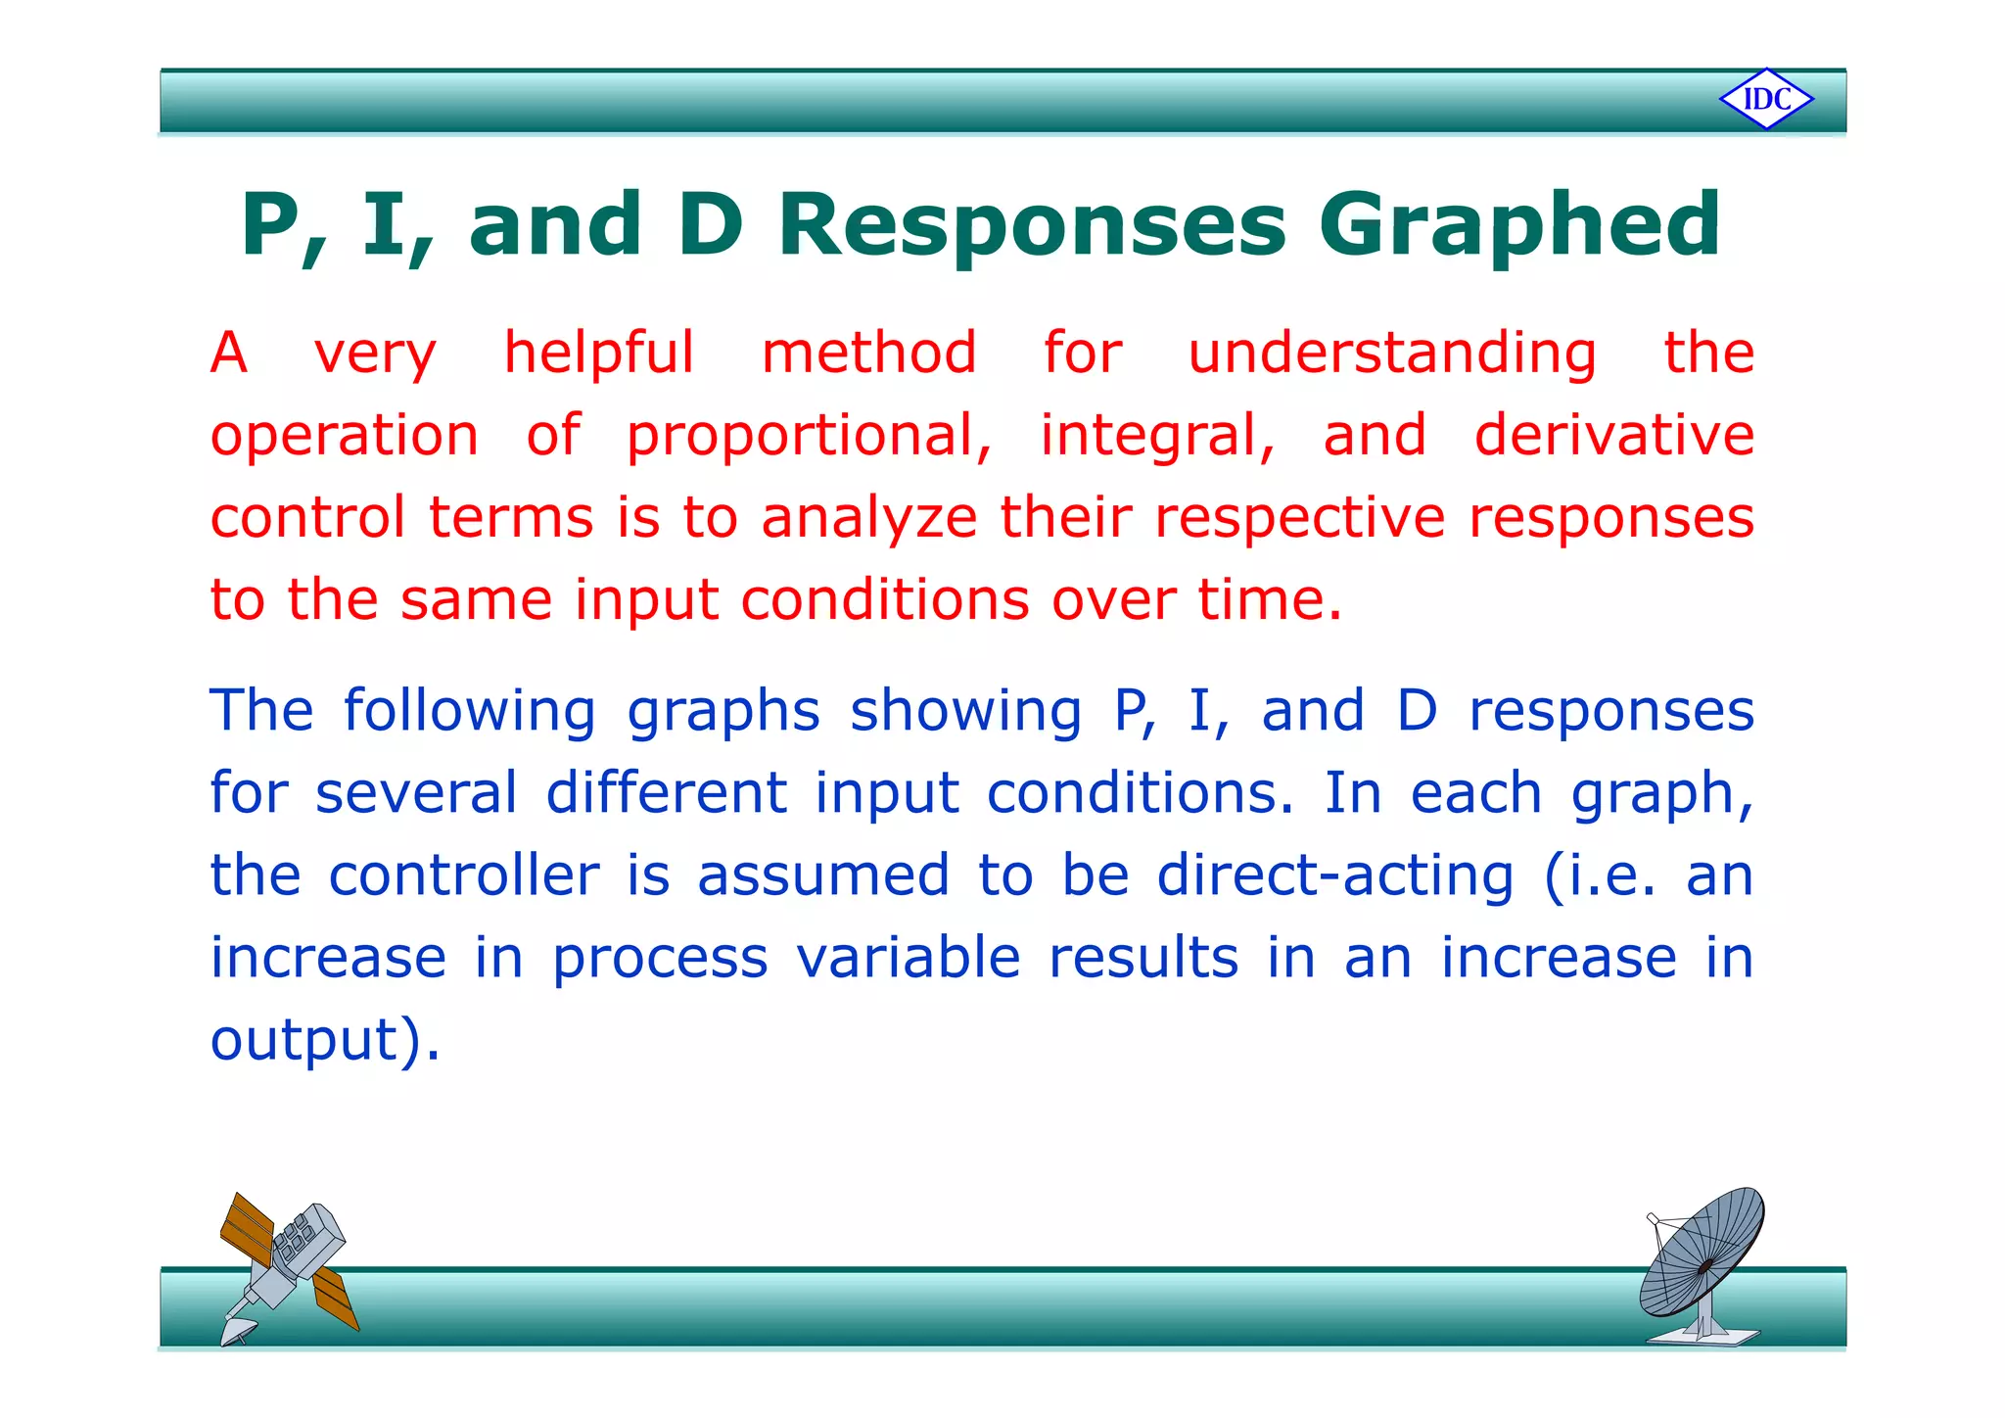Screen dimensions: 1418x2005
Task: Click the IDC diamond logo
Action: tap(1766, 99)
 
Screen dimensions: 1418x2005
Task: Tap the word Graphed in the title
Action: tap(1518, 226)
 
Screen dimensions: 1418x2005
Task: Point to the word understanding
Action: tap(1391, 354)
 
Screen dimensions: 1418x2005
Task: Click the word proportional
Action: tap(809, 437)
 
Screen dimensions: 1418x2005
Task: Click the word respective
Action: tap(1299, 519)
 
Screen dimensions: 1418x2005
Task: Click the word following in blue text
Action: tap(469, 712)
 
